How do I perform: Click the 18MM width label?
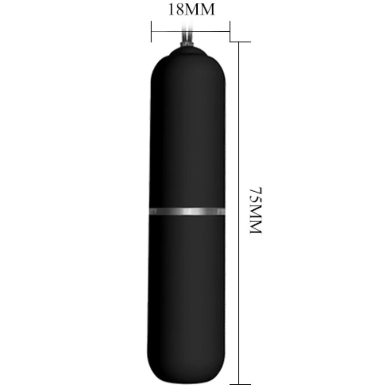(191, 10)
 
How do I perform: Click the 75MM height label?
(256, 211)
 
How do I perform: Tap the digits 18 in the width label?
(175, 10)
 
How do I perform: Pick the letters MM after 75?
(256, 218)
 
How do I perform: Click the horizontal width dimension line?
(190, 31)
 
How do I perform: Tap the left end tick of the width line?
(151, 31)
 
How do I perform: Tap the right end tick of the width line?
(230, 31)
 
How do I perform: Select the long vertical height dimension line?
(239, 213)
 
